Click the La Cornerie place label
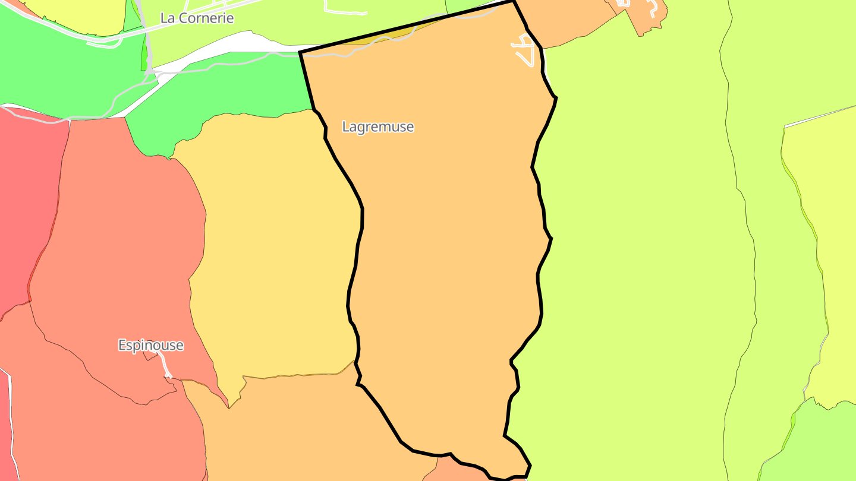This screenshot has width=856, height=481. click(x=197, y=18)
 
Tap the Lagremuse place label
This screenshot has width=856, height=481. click(x=378, y=127)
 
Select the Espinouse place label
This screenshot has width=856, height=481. click(x=150, y=346)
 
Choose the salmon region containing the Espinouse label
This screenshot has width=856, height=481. click(x=119, y=267)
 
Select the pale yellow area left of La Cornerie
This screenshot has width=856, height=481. click(x=77, y=15)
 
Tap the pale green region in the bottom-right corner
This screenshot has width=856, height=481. click(x=814, y=445)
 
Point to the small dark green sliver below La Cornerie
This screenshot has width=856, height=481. click(x=144, y=56)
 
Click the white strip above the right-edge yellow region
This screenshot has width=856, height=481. click(x=820, y=116)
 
